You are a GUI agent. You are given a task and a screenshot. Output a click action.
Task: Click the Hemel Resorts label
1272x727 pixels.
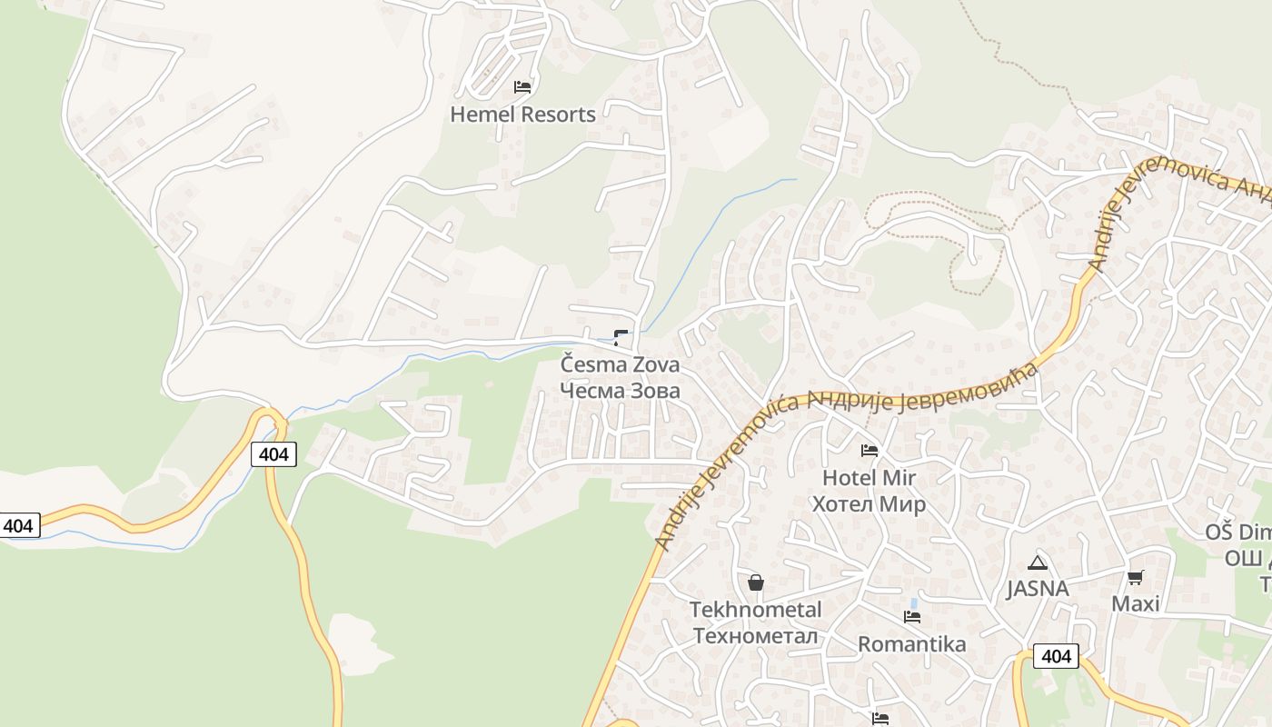coord(523,115)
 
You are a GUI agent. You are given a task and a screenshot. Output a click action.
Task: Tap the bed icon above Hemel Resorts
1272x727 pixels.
coord(522,87)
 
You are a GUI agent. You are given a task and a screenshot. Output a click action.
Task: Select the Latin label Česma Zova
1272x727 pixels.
coord(620,365)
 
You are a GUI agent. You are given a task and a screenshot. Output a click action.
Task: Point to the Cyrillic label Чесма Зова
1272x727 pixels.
coord(620,391)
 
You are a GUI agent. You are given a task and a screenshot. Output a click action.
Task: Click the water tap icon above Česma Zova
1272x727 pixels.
coord(621,338)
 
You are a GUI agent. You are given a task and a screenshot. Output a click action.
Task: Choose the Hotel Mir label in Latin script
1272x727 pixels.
coord(869,478)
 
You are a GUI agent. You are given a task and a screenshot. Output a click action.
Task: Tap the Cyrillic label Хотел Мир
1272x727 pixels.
coord(869,504)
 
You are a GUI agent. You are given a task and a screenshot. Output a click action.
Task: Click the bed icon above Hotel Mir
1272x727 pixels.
coord(870,451)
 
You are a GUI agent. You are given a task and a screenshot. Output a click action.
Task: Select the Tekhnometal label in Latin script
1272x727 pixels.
coord(755,610)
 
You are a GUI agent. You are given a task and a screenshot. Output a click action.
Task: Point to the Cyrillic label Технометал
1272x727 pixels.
coord(755,635)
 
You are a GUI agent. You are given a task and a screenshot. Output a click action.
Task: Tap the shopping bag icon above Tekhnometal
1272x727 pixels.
coord(755,583)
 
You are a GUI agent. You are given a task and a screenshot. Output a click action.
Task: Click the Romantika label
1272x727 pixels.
coord(912,644)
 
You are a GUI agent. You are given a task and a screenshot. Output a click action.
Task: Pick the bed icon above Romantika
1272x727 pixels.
coord(912,617)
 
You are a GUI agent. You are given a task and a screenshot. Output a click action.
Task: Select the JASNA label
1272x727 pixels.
coord(1037,589)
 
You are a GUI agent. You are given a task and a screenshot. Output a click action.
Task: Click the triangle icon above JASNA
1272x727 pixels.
coord(1038,563)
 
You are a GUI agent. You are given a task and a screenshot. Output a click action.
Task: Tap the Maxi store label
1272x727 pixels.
coord(1136,603)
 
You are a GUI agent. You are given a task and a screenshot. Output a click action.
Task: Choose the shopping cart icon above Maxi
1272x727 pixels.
coord(1136,577)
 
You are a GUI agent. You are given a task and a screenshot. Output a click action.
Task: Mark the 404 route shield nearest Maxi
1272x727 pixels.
coord(1056,656)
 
